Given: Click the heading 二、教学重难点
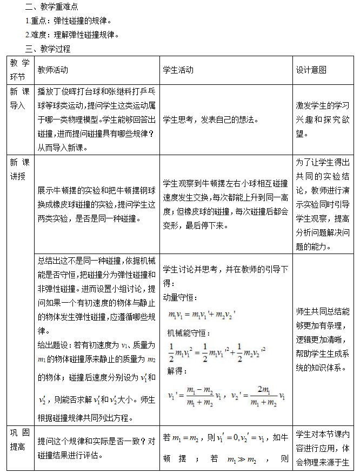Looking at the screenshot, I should [x=52, y=7].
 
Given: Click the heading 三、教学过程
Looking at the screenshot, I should [x=48, y=48].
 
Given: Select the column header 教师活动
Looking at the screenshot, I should [x=53, y=70].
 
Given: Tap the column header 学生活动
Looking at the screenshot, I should [x=178, y=70].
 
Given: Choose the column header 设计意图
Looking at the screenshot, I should [x=311, y=70].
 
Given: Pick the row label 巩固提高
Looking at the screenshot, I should [x=18, y=441].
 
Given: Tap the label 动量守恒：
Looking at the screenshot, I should [x=180, y=298].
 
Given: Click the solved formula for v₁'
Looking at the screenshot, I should [x=195, y=396].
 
